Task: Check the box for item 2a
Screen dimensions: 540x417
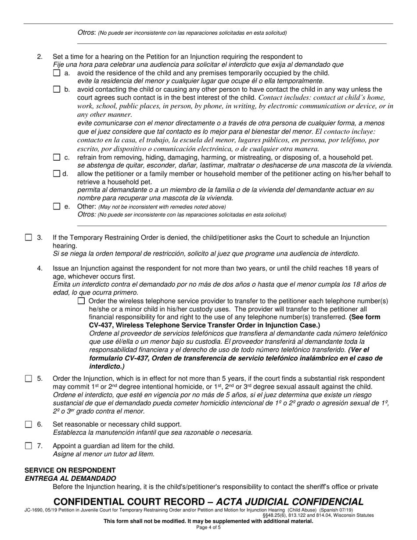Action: click(x=57, y=73)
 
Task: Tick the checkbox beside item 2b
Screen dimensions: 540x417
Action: click(x=57, y=90)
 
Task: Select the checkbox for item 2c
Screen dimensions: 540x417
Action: click(x=57, y=157)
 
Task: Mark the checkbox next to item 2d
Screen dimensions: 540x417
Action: click(x=57, y=173)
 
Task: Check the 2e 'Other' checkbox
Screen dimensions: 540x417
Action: click(x=57, y=206)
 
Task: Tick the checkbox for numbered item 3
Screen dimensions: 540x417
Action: click(x=29, y=238)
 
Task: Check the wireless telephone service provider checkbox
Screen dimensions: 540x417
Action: click(x=81, y=301)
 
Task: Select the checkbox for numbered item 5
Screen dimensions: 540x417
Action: click(x=29, y=378)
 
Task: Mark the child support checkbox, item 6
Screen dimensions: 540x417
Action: click(x=29, y=424)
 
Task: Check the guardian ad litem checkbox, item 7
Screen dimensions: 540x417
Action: click(x=29, y=446)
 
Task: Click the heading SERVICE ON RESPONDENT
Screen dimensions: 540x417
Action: click(x=70, y=470)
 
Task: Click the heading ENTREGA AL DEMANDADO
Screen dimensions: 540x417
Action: click(x=70, y=479)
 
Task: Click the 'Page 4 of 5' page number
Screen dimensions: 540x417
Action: click(x=208, y=527)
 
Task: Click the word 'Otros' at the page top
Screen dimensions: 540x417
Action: click(x=86, y=32)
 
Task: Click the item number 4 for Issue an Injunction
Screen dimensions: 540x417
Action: click(x=40, y=268)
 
